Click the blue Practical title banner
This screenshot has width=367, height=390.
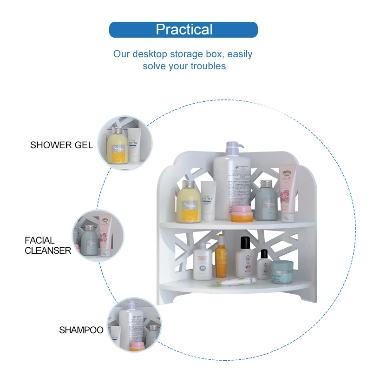point(183,29)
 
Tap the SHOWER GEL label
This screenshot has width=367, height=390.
point(61,145)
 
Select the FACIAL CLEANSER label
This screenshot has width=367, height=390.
point(48,245)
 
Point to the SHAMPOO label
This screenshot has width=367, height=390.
point(81,330)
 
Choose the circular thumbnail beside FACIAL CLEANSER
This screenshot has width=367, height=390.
point(98,235)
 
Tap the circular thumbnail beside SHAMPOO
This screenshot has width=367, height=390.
point(134,324)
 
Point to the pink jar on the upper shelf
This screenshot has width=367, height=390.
point(241,213)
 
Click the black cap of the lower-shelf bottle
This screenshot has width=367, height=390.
point(244,242)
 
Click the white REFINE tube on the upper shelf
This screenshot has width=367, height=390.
point(208,201)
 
